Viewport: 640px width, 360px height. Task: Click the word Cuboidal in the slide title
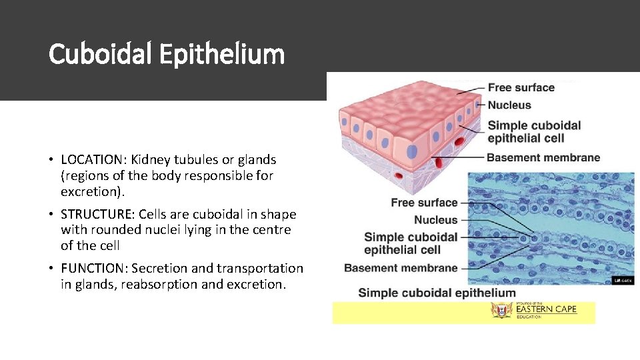coord(101,54)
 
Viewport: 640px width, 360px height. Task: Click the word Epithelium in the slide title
coord(222,54)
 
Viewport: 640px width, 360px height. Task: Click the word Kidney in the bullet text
coord(150,160)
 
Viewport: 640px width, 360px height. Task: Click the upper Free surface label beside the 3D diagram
coord(521,87)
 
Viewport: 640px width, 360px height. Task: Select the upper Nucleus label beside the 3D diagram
coord(509,105)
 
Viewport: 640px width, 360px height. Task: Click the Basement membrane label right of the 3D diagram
coord(543,158)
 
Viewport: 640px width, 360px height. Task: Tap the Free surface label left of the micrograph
coord(424,203)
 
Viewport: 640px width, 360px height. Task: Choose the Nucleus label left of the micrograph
coord(435,220)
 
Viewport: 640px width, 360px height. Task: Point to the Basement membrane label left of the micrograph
coord(401,268)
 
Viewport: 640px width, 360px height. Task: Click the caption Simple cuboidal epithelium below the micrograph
coord(437,293)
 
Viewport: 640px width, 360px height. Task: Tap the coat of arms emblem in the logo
coord(501,311)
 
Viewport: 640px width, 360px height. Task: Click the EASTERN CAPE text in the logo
coord(545,309)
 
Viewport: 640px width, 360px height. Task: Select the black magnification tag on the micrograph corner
coord(622,281)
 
